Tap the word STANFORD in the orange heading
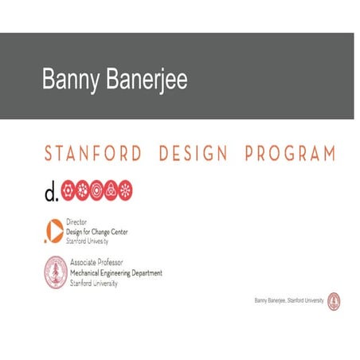tap(94, 154)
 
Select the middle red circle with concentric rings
tap(96, 190)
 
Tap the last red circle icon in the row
tap(125, 190)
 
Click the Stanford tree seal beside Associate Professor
tap(55, 272)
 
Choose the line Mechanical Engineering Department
tap(116, 272)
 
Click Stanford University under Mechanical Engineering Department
tap(94, 282)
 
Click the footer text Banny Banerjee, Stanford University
tap(288, 301)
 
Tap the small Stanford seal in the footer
tap(333, 301)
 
